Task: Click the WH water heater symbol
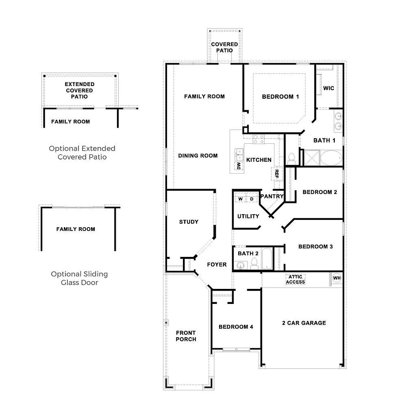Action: tap(337, 278)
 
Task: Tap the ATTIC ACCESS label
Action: tap(295, 280)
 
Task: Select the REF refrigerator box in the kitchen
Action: tap(277, 174)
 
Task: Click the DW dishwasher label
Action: tap(239, 166)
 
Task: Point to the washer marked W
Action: tap(240, 199)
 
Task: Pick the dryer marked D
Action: tap(252, 199)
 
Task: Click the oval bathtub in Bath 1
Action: tap(331, 158)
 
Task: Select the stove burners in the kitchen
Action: tap(259, 139)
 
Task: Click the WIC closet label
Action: tap(328, 88)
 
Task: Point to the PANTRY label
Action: tap(272, 196)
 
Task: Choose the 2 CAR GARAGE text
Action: tap(304, 323)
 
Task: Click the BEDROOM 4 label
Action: tap(236, 327)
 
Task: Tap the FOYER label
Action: tap(217, 265)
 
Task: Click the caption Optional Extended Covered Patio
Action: tap(82, 153)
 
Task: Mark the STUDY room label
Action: tap(189, 222)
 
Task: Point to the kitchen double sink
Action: tap(239, 153)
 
